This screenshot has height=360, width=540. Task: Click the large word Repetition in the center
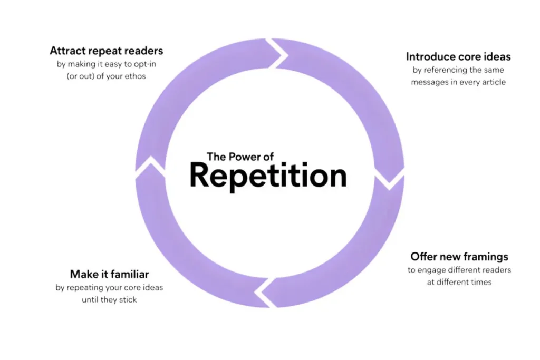pyautogui.click(x=268, y=176)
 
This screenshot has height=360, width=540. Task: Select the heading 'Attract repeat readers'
pyautogui.click(x=107, y=51)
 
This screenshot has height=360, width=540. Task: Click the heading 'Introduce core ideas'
pyautogui.click(x=458, y=56)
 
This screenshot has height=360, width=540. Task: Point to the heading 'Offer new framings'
pyautogui.click(x=459, y=257)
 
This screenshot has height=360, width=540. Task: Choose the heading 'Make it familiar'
pyautogui.click(x=109, y=274)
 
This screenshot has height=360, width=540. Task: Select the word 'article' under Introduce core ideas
pyautogui.click(x=493, y=82)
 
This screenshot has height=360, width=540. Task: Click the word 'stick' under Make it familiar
pyautogui.click(x=126, y=300)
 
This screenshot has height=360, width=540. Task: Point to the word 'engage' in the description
pyautogui.click(x=432, y=270)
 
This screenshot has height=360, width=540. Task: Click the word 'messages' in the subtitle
pyautogui.click(x=428, y=82)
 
